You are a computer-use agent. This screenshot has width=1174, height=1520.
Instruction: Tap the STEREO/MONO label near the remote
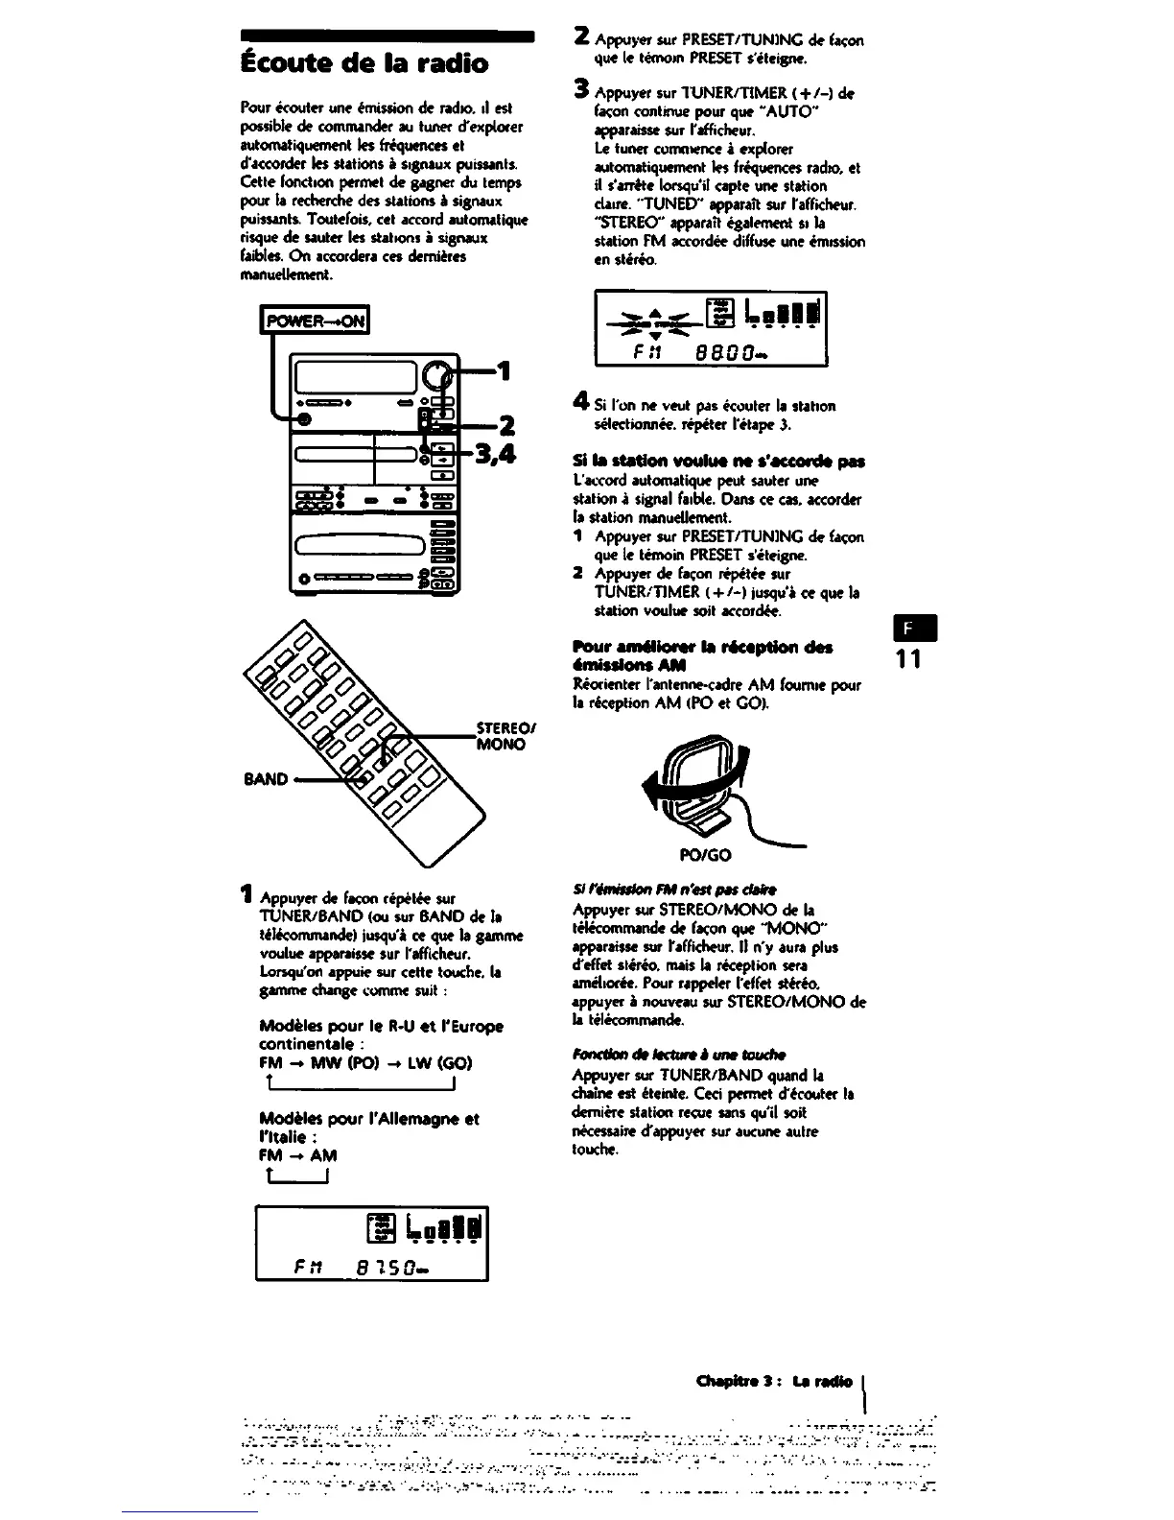click(x=504, y=735)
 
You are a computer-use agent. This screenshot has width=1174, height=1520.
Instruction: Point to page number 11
click(x=907, y=660)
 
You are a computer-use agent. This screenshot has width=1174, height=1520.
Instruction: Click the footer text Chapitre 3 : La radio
click(x=778, y=1382)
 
